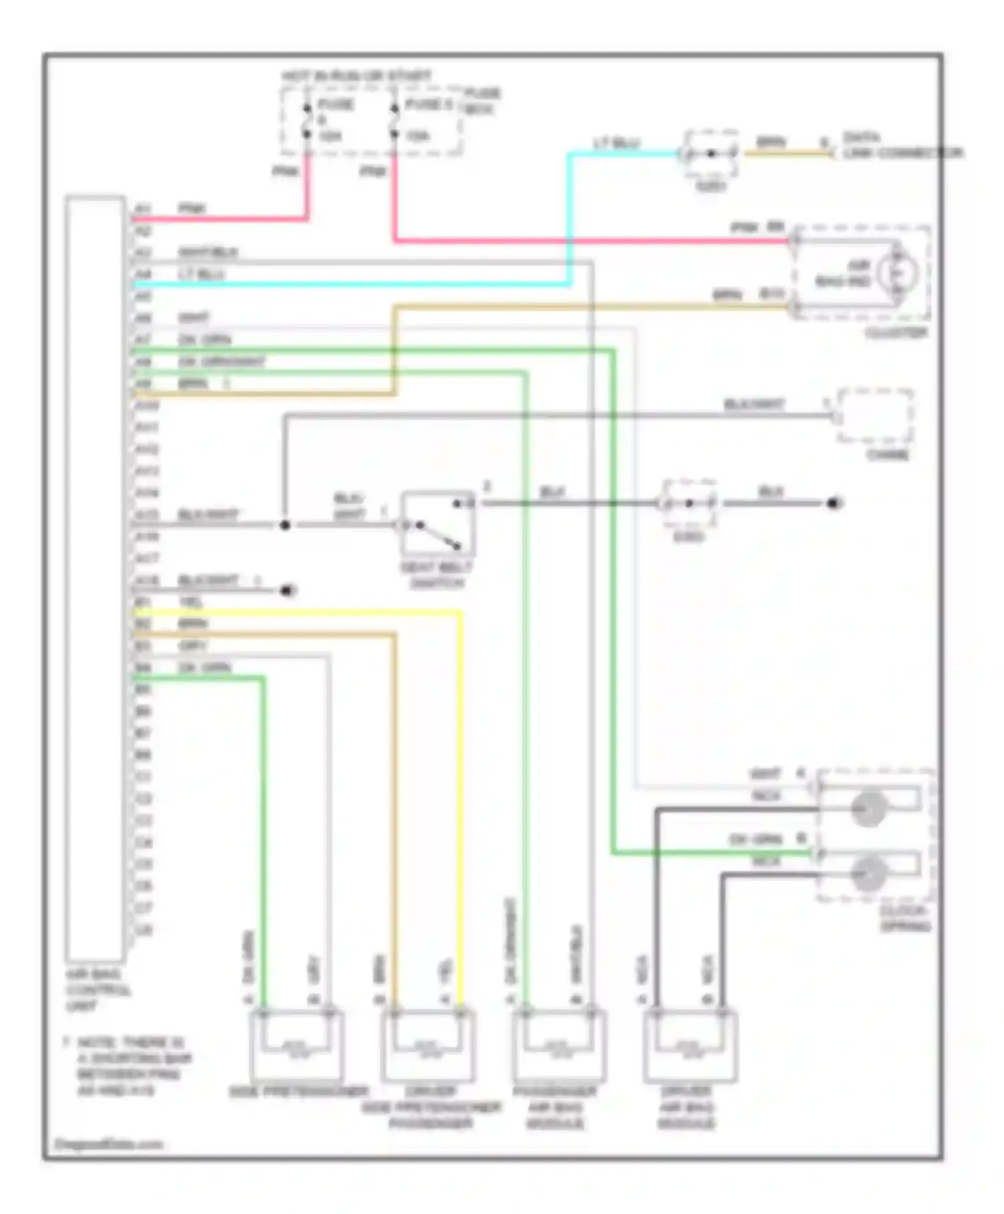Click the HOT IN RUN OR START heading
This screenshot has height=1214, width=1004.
356,76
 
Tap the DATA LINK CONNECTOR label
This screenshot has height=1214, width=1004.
901,146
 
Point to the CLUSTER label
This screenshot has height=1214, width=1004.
896,333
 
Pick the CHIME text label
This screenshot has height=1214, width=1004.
888,455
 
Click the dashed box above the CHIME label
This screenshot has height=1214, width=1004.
875,416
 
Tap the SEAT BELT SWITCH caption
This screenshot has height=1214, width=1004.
436,575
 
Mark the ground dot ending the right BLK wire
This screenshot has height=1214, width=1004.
834,503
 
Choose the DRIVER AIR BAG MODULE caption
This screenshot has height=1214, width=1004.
687,1108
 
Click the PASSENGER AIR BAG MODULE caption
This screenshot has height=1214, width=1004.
555,1108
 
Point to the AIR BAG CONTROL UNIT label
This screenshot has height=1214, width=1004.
98,990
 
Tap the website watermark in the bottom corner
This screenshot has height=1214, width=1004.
108,1144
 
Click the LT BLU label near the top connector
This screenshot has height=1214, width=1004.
616,143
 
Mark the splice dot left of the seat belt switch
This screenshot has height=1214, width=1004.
284,525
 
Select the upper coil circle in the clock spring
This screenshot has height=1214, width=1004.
868,808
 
